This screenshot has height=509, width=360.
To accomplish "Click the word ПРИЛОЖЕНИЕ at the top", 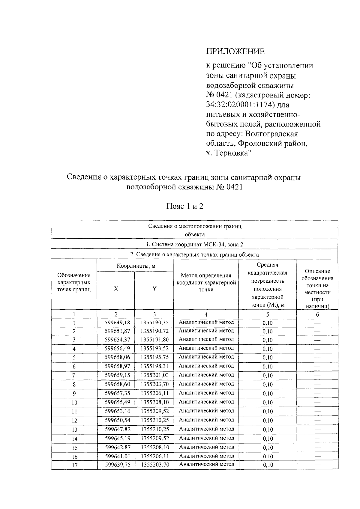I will (x=235, y=52).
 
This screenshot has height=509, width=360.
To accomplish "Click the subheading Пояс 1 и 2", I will (x=185, y=206).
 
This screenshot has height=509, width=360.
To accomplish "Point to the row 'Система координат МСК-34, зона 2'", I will (x=194, y=244).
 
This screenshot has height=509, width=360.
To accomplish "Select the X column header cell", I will (x=116, y=289).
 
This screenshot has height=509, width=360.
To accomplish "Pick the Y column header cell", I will (x=154, y=289).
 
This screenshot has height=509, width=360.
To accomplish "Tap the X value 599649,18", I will (x=117, y=323).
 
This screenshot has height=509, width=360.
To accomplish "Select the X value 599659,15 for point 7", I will (x=117, y=375).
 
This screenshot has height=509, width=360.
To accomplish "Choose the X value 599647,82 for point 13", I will (x=117, y=429).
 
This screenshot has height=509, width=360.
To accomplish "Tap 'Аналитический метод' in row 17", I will (x=206, y=464).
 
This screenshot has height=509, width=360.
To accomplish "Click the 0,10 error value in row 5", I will (x=267, y=358).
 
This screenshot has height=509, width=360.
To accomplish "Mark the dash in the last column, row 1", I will (x=317, y=323).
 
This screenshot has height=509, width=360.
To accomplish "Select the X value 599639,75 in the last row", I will (x=117, y=465).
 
